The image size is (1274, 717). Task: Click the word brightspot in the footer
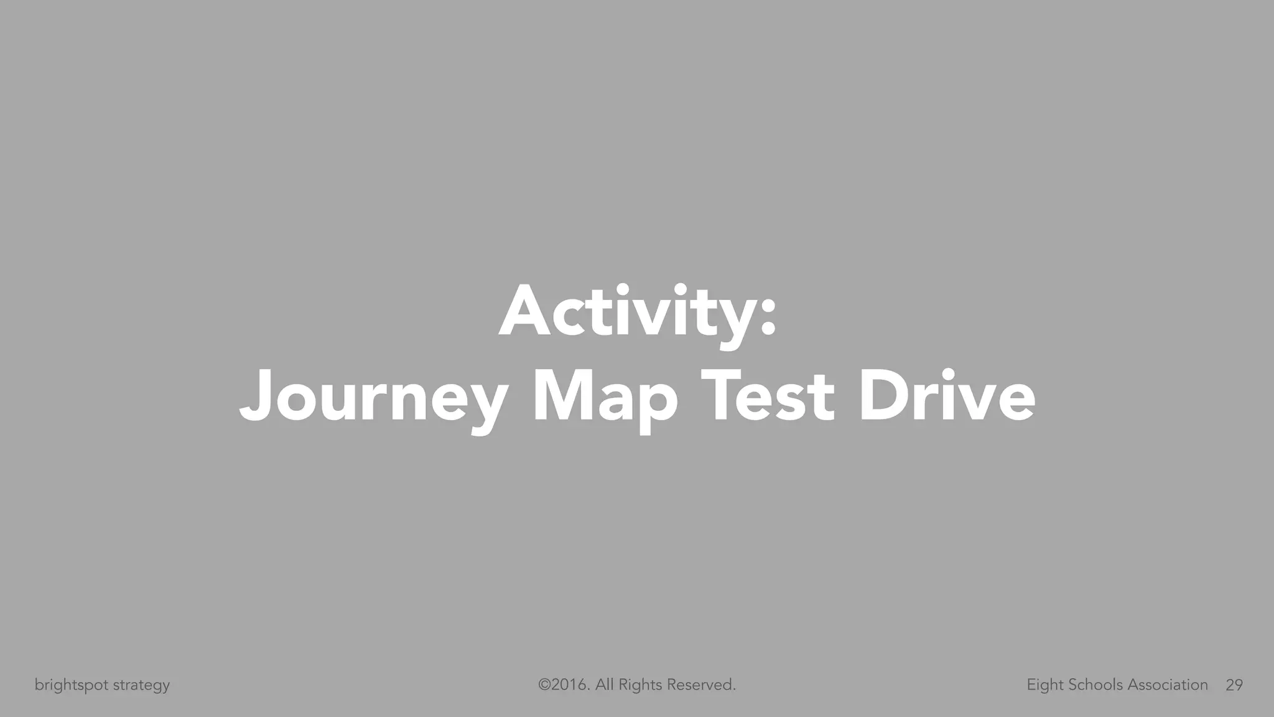pos(72,685)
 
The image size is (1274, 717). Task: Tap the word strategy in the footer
pos(141,686)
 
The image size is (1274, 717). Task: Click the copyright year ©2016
pos(564,685)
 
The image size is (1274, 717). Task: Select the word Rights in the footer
pos(640,685)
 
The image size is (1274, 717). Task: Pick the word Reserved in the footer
pos(701,685)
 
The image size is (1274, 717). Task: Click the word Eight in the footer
pos(1045,685)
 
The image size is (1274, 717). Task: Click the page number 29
pos(1234,685)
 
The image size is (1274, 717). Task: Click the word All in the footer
pos(605,685)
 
